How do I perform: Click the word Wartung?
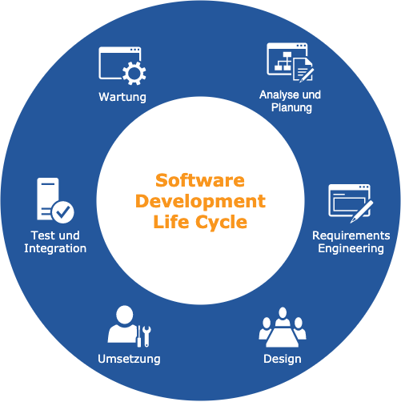(x=122, y=97)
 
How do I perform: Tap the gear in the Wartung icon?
(x=134, y=74)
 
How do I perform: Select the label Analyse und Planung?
(x=291, y=101)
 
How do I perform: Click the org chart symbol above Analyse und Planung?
(x=283, y=62)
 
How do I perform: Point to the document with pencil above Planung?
(x=303, y=70)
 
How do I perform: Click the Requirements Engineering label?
(x=351, y=242)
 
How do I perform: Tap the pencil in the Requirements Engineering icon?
(x=362, y=211)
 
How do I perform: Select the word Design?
(x=283, y=359)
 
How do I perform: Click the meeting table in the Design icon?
(x=283, y=337)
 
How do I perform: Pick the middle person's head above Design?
(x=283, y=312)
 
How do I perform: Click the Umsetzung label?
(x=129, y=359)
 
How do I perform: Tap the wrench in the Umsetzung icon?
(x=146, y=336)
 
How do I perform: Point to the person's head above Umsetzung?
(x=125, y=315)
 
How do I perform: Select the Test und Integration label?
(x=55, y=242)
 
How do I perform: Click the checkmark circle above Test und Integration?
(x=63, y=212)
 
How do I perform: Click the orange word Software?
(x=200, y=180)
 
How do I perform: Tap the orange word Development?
(x=200, y=201)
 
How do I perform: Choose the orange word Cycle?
(x=222, y=223)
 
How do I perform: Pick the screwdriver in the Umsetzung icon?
(x=139, y=336)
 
